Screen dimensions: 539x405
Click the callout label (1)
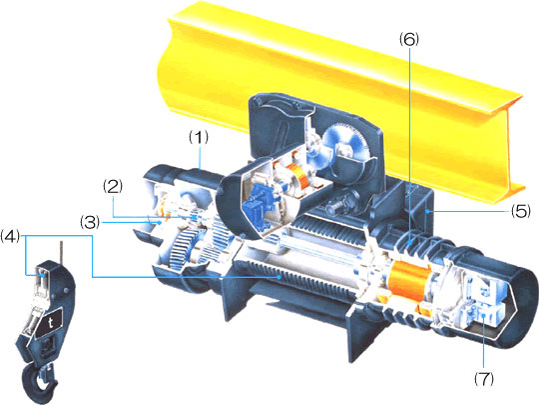point(199,138)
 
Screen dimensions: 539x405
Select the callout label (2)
point(113,187)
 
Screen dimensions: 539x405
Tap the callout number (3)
point(90,222)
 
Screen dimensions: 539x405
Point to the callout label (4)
point(10,237)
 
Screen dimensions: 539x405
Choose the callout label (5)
point(520,211)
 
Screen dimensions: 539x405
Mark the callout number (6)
point(409,39)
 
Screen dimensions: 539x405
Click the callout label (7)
point(484,379)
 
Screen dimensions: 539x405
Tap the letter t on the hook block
point(51,323)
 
